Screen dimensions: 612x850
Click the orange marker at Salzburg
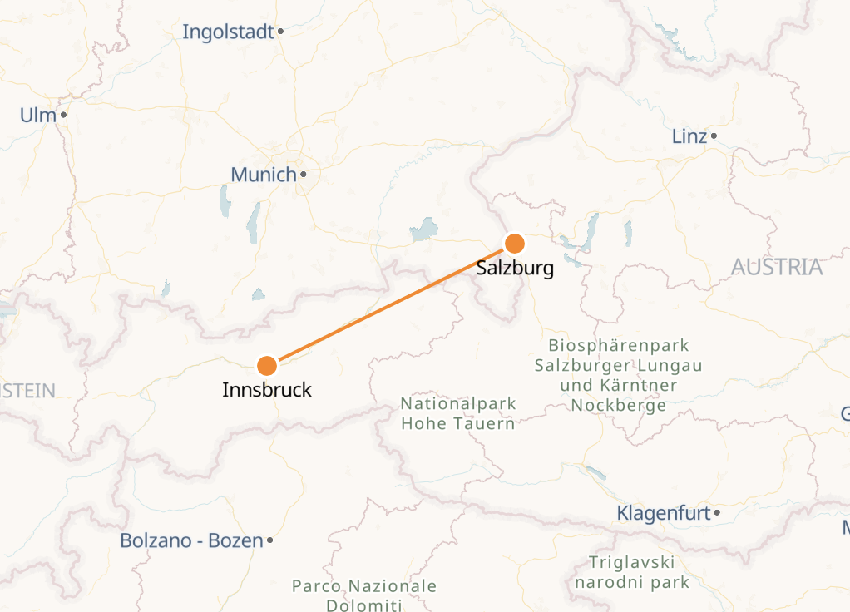click(x=515, y=244)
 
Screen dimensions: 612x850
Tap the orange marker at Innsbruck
click(x=267, y=366)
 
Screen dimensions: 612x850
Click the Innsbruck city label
click(x=267, y=389)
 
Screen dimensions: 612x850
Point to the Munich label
click(x=264, y=175)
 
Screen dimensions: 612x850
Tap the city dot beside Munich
click(x=304, y=175)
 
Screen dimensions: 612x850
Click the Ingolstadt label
click(x=228, y=32)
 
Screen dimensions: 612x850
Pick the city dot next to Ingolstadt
click(x=281, y=32)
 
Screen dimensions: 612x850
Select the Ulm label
click(x=38, y=115)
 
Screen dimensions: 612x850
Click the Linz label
click(x=689, y=136)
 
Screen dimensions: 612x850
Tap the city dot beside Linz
click(x=714, y=136)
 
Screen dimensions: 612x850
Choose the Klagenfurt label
click(x=664, y=513)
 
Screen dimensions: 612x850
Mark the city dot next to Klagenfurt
click(x=717, y=513)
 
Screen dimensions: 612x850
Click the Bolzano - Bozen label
click(x=191, y=540)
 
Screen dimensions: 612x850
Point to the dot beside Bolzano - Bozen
click(x=269, y=540)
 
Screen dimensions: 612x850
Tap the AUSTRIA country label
click(x=777, y=267)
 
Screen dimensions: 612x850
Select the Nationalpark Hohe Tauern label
click(x=458, y=413)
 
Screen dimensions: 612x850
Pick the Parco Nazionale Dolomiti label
click(x=364, y=595)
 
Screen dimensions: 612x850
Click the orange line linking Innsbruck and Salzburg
click(x=391, y=304)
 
